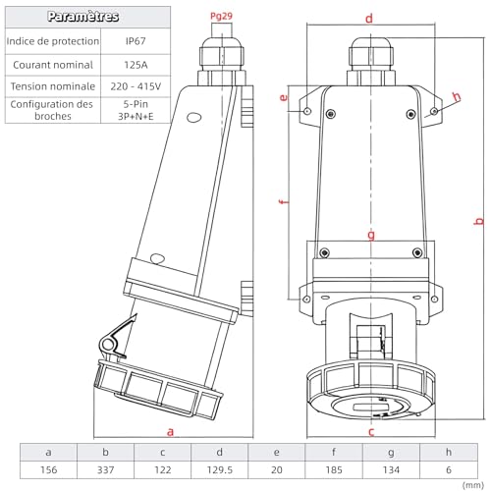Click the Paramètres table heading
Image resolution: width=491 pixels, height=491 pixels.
tap(82, 17)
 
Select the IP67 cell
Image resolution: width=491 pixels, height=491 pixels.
tap(136, 41)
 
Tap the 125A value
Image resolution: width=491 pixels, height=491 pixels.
tap(136, 65)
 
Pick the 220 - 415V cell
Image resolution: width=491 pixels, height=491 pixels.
tap(136, 86)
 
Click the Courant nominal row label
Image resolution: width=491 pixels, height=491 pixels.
tap(53, 65)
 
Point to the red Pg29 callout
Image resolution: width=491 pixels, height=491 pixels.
tap(221, 16)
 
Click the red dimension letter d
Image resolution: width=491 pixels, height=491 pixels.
tap(369, 19)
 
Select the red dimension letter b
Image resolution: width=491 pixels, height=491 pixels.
tap(479, 221)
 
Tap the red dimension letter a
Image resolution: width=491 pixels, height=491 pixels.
tap(170, 432)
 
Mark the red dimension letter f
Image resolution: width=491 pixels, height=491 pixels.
tap(284, 201)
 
